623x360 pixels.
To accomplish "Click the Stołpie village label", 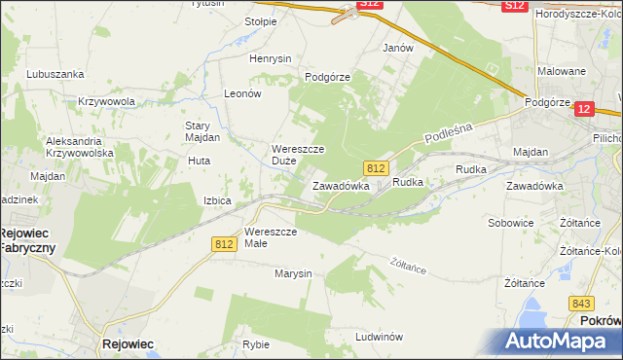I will tap(261, 20).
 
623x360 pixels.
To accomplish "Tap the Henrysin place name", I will tap(271, 58).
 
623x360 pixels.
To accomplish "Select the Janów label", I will tap(398, 48).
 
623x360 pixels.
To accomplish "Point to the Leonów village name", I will tap(243, 93).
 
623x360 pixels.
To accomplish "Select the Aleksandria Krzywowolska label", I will tap(80, 147).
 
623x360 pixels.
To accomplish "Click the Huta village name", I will tap(199, 162).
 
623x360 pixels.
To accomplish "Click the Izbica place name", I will tap(217, 200).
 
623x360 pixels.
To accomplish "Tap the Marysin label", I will tap(293, 273).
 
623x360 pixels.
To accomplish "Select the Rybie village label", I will tap(256, 344).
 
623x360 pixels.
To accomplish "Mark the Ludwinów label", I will tap(380, 337).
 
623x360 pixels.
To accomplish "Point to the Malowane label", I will tap(562, 71).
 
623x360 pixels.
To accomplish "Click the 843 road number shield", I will tap(583, 303).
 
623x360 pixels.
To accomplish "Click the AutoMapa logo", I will tap(560, 341).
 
